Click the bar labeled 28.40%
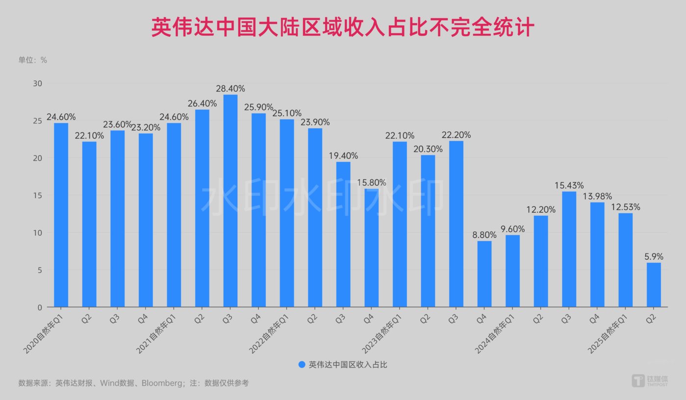click(x=230, y=201)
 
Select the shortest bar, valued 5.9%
click(x=654, y=285)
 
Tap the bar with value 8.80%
click(x=484, y=274)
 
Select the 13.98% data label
click(x=597, y=197)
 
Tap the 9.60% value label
click(x=512, y=229)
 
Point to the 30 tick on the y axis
click(x=38, y=83)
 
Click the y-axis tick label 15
click(x=38, y=195)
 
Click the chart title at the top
click(x=343, y=28)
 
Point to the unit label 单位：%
click(x=33, y=60)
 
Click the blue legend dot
click(x=302, y=365)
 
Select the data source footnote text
click(x=133, y=383)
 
